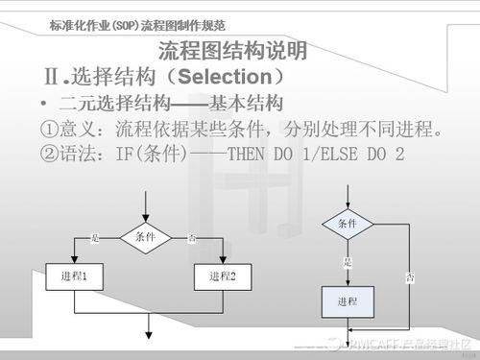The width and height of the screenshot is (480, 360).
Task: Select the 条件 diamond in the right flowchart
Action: coord(347,224)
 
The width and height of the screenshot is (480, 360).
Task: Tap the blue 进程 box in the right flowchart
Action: coord(347,300)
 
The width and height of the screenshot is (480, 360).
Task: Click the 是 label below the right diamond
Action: coord(348,260)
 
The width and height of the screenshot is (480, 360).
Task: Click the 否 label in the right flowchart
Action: coord(411,278)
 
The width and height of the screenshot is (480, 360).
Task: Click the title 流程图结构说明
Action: coord(232,50)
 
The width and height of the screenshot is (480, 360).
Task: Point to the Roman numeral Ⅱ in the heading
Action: coord(54,75)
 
